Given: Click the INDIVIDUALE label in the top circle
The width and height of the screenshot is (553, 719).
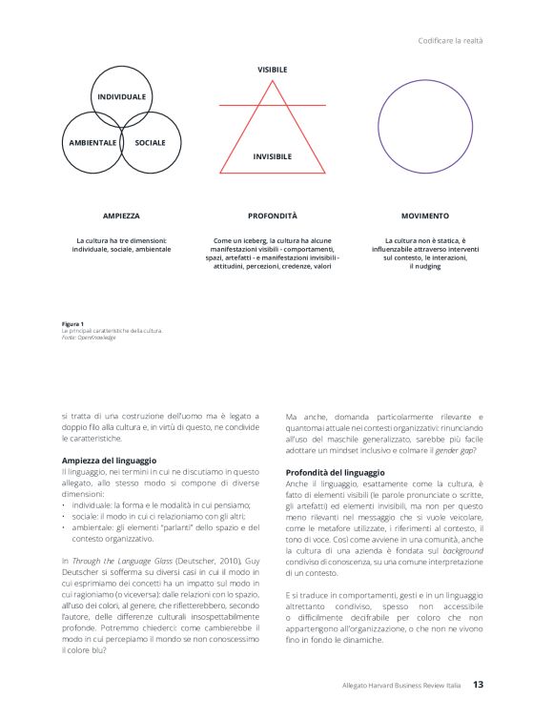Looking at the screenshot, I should (121, 97).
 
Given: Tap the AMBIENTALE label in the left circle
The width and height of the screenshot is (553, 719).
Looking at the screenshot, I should (92, 142).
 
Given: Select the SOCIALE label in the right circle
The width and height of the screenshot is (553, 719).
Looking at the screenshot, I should (150, 142).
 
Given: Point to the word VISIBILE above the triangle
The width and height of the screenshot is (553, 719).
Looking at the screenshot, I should (272, 70).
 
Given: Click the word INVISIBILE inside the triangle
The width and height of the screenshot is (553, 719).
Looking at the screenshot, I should (272, 155).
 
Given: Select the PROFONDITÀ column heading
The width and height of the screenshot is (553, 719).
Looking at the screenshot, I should (273, 216).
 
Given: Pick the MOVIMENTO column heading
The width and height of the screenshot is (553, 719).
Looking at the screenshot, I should (424, 216).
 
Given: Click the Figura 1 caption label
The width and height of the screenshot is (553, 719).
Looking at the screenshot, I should (72, 323).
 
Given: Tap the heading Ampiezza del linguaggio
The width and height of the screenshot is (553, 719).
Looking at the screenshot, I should (102, 461).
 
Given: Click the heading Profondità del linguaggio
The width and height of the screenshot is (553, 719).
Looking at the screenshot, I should (335, 473).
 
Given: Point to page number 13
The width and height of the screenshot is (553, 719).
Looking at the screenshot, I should (480, 685).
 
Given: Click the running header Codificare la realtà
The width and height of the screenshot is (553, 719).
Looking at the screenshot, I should (452, 40).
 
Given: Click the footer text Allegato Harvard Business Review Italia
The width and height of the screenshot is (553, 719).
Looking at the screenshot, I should (402, 686).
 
